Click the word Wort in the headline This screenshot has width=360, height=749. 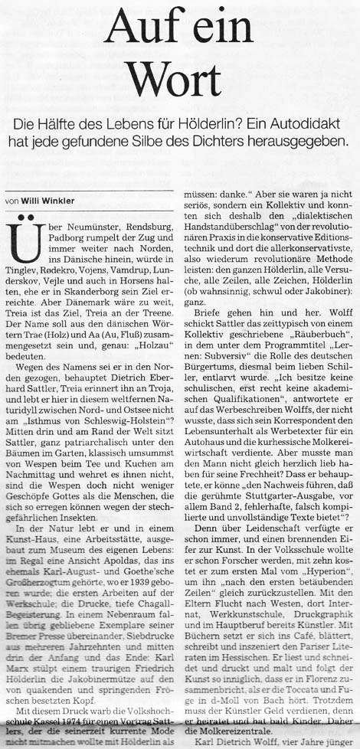click(180, 74)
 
